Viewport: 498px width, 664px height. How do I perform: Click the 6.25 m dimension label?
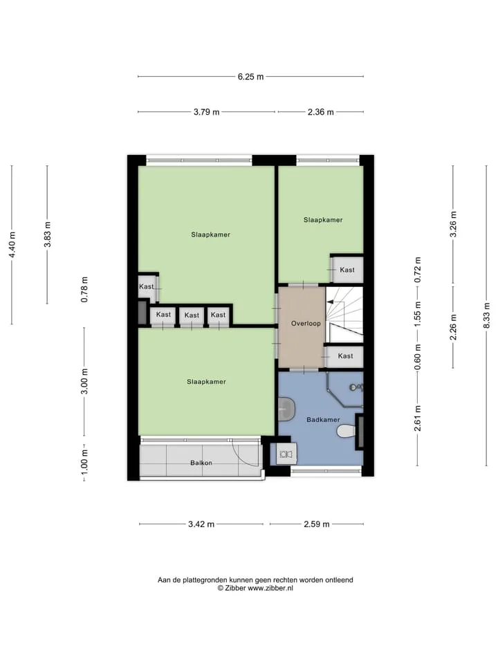click(250, 77)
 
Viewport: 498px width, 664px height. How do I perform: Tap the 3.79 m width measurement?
click(207, 112)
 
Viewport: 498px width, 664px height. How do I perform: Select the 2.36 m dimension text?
click(320, 112)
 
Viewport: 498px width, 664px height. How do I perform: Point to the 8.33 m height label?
click(486, 315)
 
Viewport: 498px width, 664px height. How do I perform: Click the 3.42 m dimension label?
click(201, 524)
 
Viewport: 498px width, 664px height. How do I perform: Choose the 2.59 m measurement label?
click(316, 524)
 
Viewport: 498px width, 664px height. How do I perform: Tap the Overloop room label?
click(306, 324)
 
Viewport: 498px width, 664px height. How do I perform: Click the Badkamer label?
click(323, 420)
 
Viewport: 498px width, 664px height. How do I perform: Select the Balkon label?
click(201, 463)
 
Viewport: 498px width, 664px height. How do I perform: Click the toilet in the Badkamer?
click(347, 432)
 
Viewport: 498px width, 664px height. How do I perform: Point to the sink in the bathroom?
click(286, 409)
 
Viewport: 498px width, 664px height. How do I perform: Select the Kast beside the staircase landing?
click(346, 356)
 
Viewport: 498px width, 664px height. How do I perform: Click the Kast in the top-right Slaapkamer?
click(347, 270)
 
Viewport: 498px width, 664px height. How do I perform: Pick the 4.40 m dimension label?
click(12, 245)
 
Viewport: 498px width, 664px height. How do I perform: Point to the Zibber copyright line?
click(255, 588)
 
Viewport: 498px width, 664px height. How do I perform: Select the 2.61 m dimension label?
click(418, 418)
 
